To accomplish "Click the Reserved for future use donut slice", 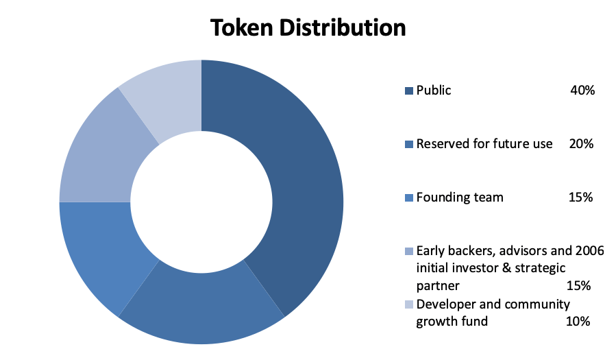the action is point(201,307).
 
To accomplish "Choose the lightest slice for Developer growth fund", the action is point(165,98).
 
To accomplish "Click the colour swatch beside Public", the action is point(409,91).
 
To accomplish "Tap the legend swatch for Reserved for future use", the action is point(409,144).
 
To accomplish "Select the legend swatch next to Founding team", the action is point(409,197).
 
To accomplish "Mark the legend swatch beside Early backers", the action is point(409,251).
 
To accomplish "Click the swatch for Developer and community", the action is point(409,304).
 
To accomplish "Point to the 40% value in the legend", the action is point(582,91).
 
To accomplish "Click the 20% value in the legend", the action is point(582,144).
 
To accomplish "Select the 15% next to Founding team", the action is point(580,197).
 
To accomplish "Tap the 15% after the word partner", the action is point(579,286).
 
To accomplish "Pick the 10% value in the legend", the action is point(578,322).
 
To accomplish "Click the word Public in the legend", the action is point(434,91).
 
